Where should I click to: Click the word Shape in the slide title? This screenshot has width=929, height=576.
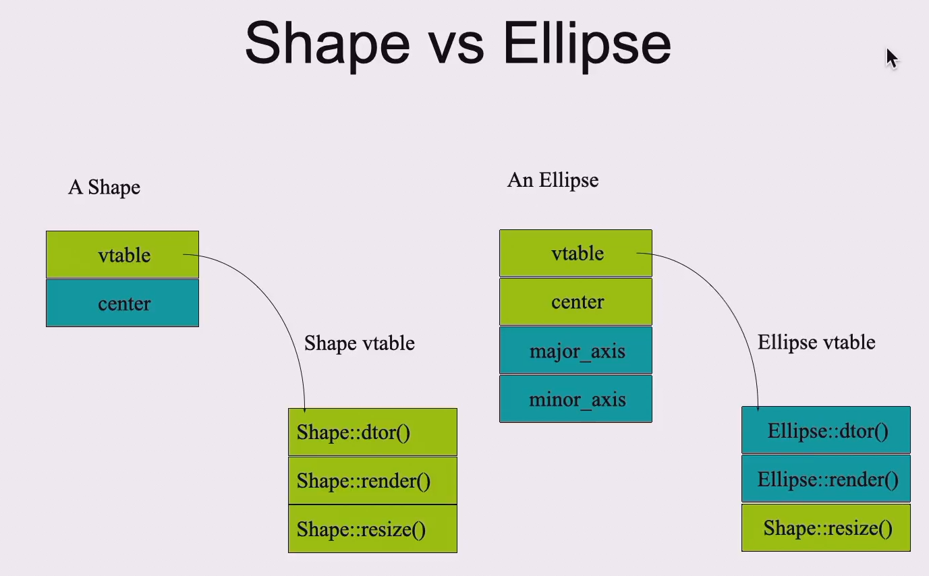[327, 44]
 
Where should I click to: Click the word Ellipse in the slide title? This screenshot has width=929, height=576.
[586, 44]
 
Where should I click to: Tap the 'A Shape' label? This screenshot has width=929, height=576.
[104, 187]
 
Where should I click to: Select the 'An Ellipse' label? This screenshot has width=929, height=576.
[553, 180]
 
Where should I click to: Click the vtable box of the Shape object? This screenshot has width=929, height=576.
[123, 255]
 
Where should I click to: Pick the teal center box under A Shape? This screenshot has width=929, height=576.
[123, 304]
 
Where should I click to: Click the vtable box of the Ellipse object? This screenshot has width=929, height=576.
[576, 254]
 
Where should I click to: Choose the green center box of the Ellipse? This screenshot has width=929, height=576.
[576, 301]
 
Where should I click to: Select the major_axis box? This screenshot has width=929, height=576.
[576, 351]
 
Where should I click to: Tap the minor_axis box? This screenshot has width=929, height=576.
[576, 399]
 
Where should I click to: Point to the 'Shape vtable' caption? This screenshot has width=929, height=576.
[359, 343]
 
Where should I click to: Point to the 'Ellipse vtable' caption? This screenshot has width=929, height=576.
[816, 342]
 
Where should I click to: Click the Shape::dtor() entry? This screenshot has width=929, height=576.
[372, 432]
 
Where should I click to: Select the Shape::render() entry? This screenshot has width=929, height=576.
[372, 481]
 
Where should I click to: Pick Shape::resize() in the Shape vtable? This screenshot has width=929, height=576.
[372, 529]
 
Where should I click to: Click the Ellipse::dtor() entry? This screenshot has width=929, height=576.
[826, 430]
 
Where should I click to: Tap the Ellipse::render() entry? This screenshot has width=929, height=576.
[826, 479]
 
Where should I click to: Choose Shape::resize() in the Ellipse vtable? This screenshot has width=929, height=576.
[826, 527]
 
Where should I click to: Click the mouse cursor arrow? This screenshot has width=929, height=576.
[891, 57]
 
